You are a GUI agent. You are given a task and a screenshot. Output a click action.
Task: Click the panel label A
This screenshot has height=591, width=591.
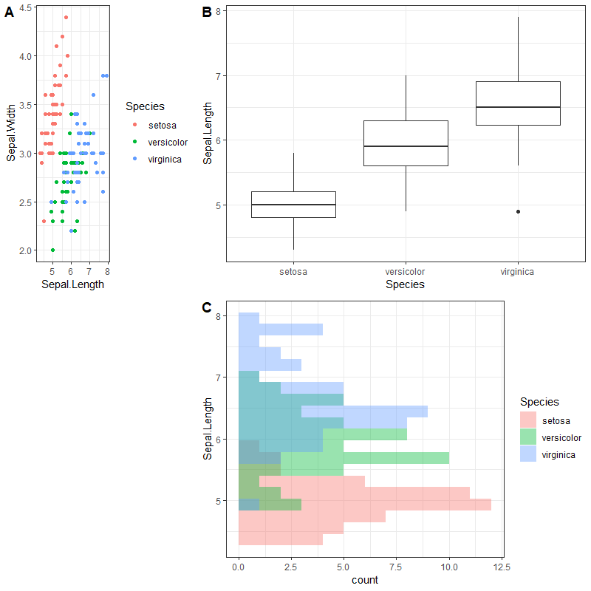9,13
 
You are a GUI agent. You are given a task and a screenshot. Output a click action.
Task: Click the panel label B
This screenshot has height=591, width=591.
207,12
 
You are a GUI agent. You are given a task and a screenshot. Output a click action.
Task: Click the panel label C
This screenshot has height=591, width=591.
207,307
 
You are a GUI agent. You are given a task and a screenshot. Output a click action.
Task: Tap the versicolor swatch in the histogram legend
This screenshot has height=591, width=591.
529,437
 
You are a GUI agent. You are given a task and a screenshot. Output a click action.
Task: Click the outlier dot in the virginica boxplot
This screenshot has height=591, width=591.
518,211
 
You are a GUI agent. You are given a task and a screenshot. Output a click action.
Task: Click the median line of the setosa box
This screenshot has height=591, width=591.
293,205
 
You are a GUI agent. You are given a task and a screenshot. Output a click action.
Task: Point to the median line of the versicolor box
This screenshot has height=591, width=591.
406,146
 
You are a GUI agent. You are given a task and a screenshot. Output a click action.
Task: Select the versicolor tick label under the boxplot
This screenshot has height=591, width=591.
406,271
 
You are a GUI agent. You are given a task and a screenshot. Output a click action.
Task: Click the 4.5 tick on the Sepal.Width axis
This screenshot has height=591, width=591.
25,7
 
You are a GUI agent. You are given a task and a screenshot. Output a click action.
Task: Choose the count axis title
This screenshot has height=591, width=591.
365,580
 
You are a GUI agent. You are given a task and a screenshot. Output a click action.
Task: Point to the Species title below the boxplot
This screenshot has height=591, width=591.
406,284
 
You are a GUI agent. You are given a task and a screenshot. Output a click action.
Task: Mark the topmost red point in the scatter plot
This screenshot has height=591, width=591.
66,17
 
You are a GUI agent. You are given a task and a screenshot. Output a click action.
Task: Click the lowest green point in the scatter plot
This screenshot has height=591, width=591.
52,250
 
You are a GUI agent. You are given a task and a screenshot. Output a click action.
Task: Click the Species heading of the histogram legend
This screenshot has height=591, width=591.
539,402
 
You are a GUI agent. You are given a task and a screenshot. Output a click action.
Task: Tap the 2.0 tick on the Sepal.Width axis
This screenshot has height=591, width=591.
25,250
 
